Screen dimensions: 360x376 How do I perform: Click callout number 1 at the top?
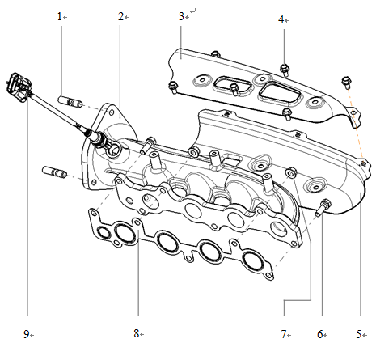60,16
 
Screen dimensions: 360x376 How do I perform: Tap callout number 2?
120,16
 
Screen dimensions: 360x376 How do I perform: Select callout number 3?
181,16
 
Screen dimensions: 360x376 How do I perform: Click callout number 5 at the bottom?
359,333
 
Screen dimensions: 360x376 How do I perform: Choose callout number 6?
320,333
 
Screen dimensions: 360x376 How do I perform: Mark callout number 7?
285,333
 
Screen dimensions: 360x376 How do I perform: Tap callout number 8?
138,333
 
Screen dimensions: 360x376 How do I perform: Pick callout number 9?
27,333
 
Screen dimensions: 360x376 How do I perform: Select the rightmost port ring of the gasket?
254,260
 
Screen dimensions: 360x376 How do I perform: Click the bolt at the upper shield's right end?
347,80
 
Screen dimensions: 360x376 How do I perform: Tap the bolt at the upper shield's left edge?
172,85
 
